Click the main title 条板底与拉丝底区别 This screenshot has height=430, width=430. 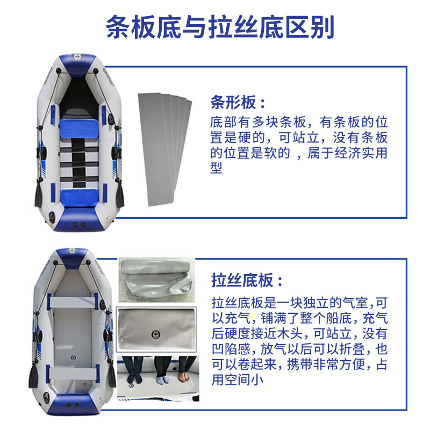(x=220, y=27)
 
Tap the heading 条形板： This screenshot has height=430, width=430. (x=238, y=102)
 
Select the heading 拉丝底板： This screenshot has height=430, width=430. (x=247, y=280)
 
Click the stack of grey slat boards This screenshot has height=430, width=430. (x=164, y=149)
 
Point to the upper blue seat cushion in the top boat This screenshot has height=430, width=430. (x=79, y=128)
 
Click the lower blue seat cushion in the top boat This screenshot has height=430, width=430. (x=79, y=197)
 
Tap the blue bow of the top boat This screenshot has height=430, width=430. (x=78, y=64)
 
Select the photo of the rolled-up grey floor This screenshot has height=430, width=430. (x=156, y=280)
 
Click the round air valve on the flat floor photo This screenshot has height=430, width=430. (x=156, y=334)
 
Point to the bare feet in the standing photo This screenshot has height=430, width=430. (x=184, y=374)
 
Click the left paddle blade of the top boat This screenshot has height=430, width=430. (x=39, y=195)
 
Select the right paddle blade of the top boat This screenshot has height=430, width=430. (x=119, y=195)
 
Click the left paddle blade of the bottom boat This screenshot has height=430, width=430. (x=33, y=375)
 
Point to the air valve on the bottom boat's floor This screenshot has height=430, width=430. (x=73, y=357)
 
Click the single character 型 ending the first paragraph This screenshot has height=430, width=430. (x=216, y=168)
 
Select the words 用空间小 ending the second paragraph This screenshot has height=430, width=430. (x=238, y=379)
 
